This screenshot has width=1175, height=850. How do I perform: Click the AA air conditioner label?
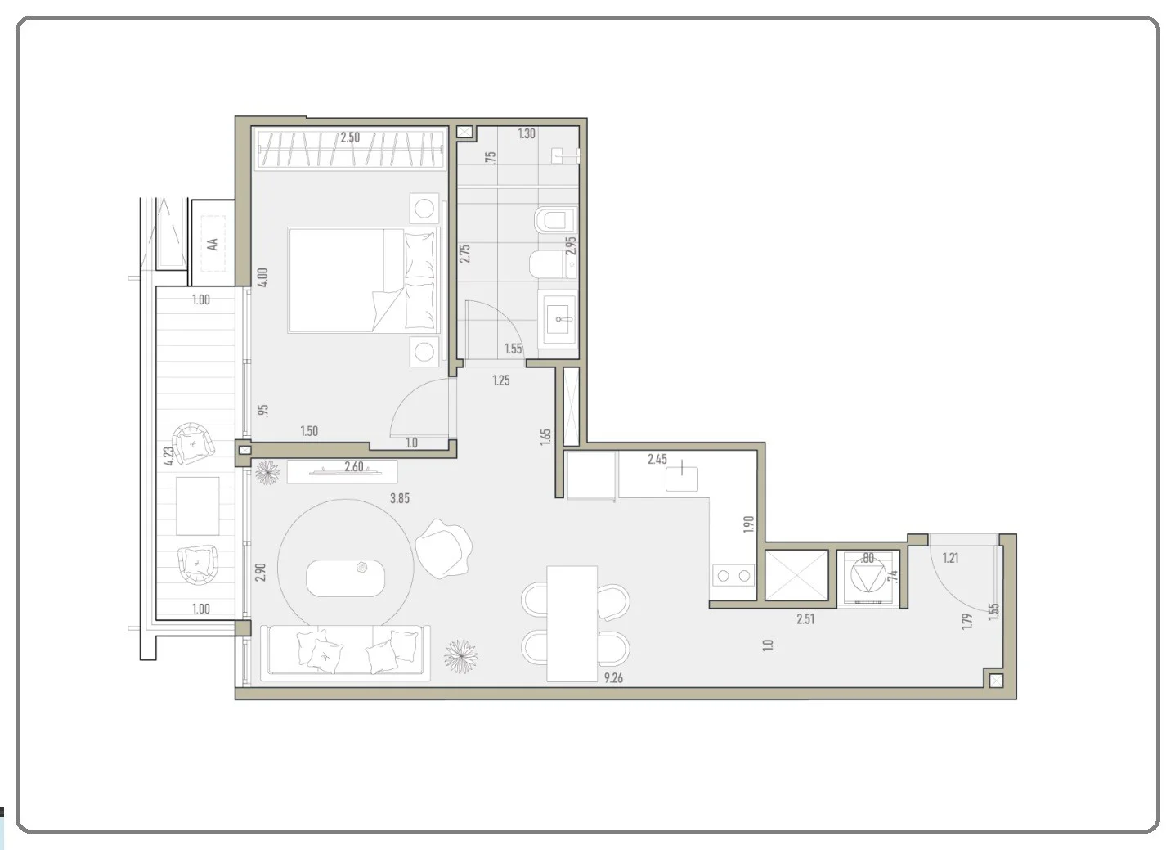[213, 244]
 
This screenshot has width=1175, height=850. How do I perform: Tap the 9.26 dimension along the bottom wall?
[613, 678]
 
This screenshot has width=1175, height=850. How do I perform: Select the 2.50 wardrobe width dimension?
[350, 137]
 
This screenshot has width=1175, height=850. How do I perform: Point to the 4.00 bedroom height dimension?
[262, 277]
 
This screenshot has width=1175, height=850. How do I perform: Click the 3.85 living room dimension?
[400, 498]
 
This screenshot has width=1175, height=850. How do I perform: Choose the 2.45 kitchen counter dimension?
[657, 459]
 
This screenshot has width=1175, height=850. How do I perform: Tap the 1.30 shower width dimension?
[527, 134]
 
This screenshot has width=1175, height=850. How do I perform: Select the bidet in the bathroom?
[556, 220]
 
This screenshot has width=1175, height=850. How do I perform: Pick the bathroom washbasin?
[558, 318]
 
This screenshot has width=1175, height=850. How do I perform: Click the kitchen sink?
[681, 478]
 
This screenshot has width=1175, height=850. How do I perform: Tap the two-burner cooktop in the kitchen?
[733, 576]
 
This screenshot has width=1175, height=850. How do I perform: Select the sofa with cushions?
[345, 653]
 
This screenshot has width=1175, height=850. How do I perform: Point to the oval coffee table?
[345, 578]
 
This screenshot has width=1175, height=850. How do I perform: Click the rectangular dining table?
[572, 624]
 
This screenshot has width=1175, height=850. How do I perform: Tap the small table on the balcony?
[198, 506]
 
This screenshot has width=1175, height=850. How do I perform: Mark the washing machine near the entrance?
[868, 578]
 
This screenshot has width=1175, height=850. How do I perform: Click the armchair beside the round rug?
[444, 548]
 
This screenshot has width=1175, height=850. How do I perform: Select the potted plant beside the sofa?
[461, 656]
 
